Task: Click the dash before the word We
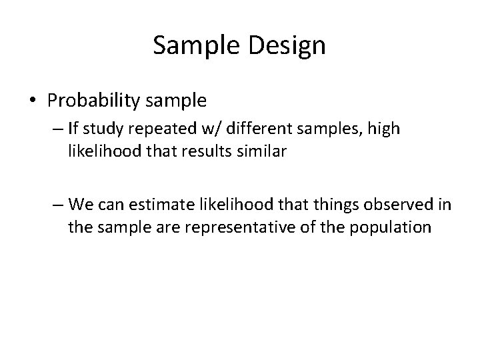(58, 203)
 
